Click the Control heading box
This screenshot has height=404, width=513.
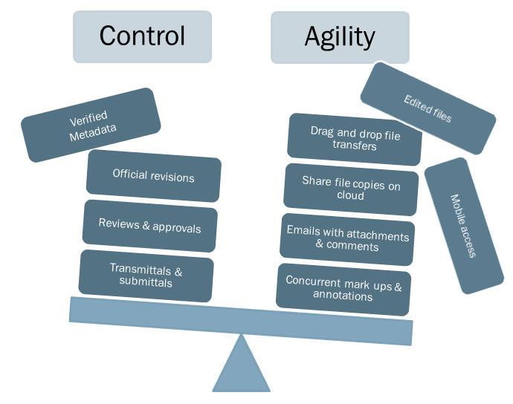[142, 36]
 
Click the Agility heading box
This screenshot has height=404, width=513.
[340, 36]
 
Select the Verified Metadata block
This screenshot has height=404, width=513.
[91, 126]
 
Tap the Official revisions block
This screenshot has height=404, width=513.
[154, 176]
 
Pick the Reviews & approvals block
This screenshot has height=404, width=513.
[149, 226]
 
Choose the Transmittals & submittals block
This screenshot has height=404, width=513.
[146, 276]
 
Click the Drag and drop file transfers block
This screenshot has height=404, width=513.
[355, 139]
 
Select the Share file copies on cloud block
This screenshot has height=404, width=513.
[350, 189]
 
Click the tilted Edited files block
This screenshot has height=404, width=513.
[427, 108]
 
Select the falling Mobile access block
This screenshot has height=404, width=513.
[462, 226]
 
